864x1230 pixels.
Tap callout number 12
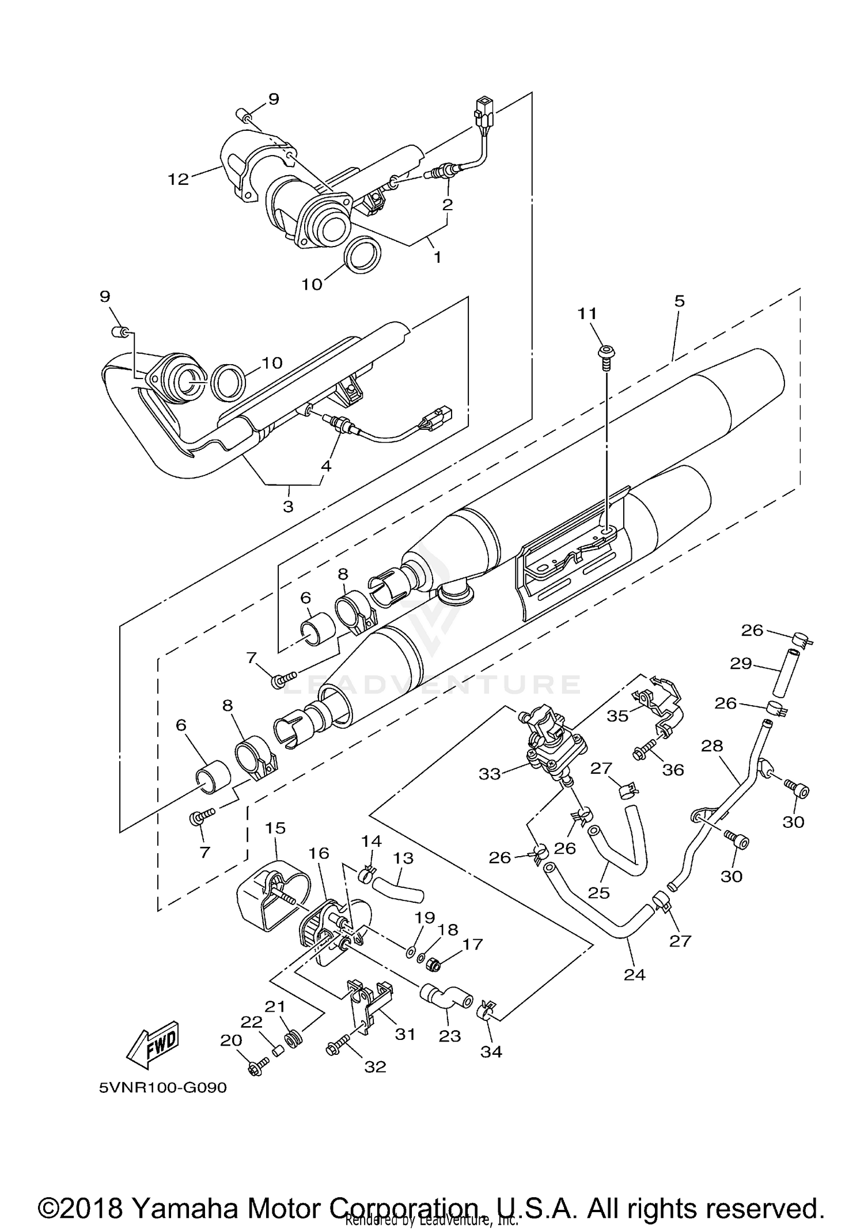click(179, 179)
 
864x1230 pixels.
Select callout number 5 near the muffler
click(680, 301)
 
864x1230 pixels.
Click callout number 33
click(490, 774)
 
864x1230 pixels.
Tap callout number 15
click(275, 828)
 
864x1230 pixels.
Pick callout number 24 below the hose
click(635, 974)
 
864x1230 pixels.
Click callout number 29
click(741, 664)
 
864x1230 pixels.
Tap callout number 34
click(491, 1051)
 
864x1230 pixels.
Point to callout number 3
click(288, 506)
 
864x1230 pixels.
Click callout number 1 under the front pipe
click(437, 257)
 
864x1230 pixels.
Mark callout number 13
click(403, 858)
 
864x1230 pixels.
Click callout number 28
click(712, 745)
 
